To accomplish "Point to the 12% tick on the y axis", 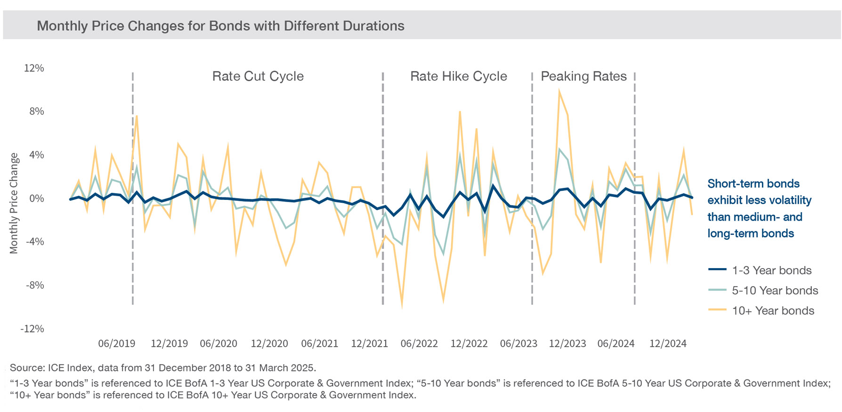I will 34,68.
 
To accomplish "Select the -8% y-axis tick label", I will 34,285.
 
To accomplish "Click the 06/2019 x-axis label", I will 116,343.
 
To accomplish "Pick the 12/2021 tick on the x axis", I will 369,343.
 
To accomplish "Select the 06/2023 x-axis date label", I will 518,343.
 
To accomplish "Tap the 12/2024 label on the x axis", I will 668,343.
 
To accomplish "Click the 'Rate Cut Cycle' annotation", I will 258,76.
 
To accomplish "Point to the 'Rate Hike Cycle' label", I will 458,76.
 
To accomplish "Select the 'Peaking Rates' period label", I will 583,76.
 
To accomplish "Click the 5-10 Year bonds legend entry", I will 775,291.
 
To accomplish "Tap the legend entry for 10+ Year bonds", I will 773,311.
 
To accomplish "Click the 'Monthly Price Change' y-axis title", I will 14,203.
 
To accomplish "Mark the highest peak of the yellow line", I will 559,90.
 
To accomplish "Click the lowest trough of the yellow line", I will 402,307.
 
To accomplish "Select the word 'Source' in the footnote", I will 26,368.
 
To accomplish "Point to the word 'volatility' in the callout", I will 787,200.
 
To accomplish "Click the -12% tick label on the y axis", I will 32,329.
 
